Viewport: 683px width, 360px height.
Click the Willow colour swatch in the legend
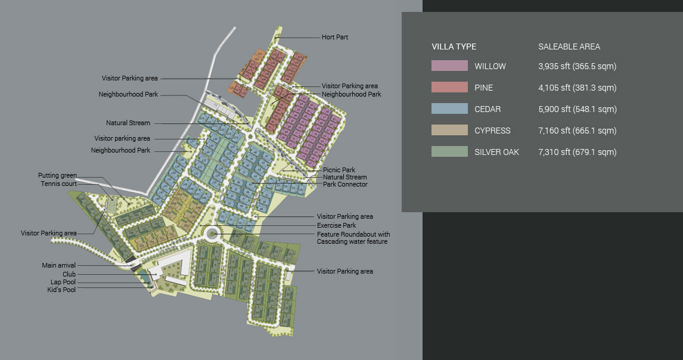[x=449, y=66]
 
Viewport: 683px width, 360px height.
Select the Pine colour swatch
[x=449, y=88]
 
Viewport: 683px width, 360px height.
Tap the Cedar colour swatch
[x=449, y=109]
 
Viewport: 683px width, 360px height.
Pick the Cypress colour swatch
[x=449, y=131]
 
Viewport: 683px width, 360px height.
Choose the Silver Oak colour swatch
[x=449, y=152]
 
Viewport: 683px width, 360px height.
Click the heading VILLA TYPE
[x=454, y=46]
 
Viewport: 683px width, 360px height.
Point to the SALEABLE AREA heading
[x=569, y=46]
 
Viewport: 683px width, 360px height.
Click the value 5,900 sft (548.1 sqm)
[x=576, y=109]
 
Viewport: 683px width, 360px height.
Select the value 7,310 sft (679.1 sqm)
[x=576, y=152]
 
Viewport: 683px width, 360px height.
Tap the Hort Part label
[x=334, y=37]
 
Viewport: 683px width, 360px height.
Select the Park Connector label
[x=345, y=184]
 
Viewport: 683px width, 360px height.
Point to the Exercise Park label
[x=336, y=225]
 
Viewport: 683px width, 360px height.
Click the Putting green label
[x=57, y=175]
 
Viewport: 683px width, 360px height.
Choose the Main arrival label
[x=58, y=265]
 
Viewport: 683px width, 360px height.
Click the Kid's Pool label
[x=61, y=290]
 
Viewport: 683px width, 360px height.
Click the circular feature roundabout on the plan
[x=212, y=235]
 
